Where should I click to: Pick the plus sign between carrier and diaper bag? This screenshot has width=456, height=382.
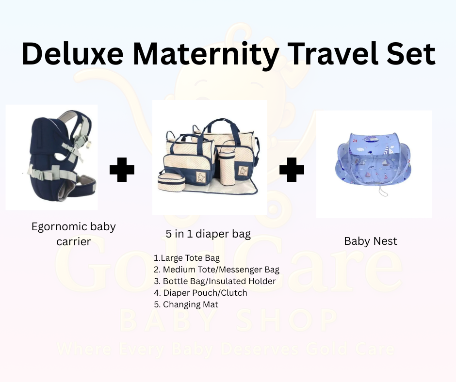(x=122, y=171)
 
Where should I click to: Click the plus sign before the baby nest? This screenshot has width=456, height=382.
(x=292, y=171)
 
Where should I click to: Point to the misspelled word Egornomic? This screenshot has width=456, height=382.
(x=61, y=226)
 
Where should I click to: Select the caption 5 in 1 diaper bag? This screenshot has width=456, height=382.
(x=208, y=234)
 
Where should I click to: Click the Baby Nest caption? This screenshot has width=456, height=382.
(x=371, y=241)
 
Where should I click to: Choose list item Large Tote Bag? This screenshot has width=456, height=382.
(x=187, y=258)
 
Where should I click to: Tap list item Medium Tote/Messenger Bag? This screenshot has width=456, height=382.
(x=216, y=270)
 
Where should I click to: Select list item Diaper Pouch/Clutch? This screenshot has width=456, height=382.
(x=200, y=293)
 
